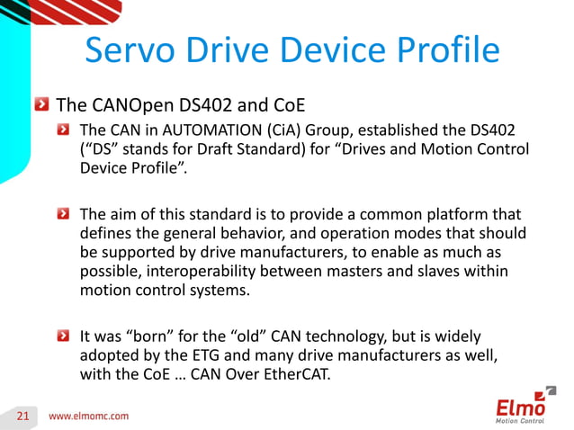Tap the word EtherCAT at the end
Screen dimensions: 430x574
point(292,376)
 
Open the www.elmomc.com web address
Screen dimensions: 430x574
point(88,416)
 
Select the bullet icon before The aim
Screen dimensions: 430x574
point(64,214)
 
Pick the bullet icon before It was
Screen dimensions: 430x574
point(64,338)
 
